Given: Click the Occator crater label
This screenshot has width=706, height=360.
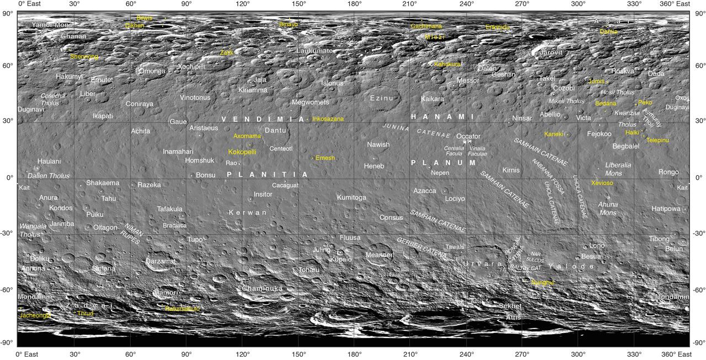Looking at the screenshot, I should [x=468, y=136].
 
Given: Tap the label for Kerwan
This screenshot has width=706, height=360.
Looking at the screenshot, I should [x=248, y=212].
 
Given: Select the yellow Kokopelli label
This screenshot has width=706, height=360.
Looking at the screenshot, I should [x=242, y=152].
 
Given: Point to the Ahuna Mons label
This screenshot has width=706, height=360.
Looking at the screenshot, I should [x=608, y=208].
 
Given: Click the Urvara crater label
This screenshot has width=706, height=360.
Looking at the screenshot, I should [x=483, y=264].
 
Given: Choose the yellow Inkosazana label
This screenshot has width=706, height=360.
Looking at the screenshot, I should [x=328, y=119].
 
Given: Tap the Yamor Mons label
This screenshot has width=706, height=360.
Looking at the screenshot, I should [x=52, y=25].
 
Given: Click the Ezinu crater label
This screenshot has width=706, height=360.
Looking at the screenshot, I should [x=382, y=98].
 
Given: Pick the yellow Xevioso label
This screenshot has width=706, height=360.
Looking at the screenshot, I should [x=602, y=183].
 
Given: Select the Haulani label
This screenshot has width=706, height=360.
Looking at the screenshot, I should [x=49, y=162].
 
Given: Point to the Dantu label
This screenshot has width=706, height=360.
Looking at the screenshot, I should [x=275, y=131].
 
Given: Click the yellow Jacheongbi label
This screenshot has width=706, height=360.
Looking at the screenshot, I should [x=35, y=315].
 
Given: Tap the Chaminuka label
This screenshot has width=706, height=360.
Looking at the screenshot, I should [x=262, y=288].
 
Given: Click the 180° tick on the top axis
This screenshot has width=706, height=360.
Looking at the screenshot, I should [x=354, y=4].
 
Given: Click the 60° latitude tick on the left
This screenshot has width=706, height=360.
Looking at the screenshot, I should [x=8, y=66].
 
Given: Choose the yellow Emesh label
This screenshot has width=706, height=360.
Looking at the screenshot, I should [x=325, y=158].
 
